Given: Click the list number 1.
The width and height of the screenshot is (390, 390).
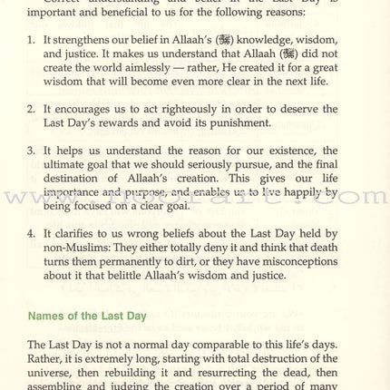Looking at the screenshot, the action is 32,41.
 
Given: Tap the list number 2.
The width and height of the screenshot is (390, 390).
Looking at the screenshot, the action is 32,110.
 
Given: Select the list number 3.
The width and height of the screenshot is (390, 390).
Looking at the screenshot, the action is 32,151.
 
